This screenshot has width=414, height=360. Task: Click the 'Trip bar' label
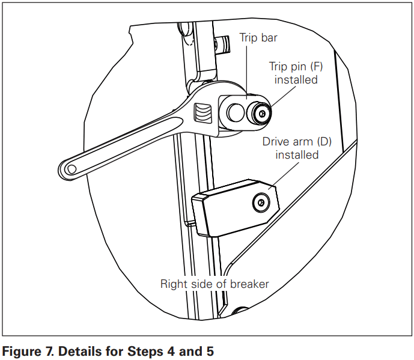258,37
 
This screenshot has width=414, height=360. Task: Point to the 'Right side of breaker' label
214,284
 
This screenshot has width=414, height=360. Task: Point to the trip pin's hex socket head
262,112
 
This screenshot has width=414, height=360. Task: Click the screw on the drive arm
260,201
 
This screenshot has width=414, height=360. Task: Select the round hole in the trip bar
235,112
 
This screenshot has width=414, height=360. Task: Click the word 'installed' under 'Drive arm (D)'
296,155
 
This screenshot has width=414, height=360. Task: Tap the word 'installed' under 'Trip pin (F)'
296,80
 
